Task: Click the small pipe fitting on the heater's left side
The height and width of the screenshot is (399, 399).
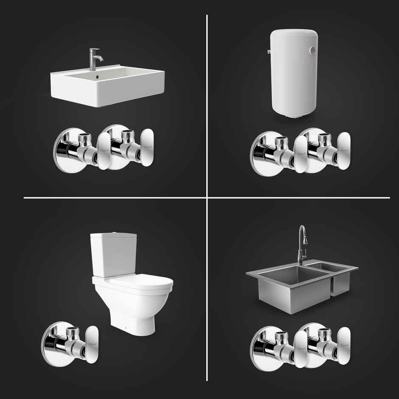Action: point(270,53)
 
